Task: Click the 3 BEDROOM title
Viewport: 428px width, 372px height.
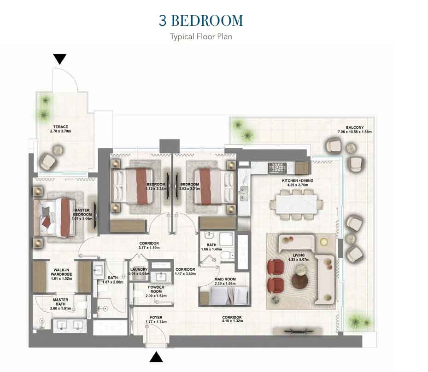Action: (201, 20)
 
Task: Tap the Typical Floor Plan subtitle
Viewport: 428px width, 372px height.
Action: (201, 36)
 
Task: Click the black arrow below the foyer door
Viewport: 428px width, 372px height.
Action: (156, 357)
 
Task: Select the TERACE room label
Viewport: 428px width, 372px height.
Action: (61, 127)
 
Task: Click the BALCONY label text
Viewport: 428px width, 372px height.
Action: (355, 128)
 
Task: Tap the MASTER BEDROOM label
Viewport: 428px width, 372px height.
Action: (82, 212)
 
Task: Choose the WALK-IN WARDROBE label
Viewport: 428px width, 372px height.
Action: (61, 272)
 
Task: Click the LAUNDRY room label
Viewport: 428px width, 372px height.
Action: (139, 269)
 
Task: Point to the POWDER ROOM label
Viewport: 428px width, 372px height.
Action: (156, 290)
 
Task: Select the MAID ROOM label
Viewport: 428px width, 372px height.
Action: (225, 279)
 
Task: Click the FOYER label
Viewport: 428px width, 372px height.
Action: (156, 318)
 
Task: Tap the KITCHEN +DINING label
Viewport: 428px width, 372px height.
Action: (298, 180)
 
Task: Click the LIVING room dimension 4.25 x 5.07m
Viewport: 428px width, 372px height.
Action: (299, 260)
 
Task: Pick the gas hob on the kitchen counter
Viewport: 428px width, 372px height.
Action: (277, 168)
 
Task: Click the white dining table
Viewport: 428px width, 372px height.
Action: (296, 204)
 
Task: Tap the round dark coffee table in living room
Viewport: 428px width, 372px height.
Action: (300, 281)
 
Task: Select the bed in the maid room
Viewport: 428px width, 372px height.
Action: (224, 296)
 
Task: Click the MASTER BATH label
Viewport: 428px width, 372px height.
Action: (61, 302)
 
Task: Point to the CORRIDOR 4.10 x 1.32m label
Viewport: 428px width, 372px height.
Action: (232, 319)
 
